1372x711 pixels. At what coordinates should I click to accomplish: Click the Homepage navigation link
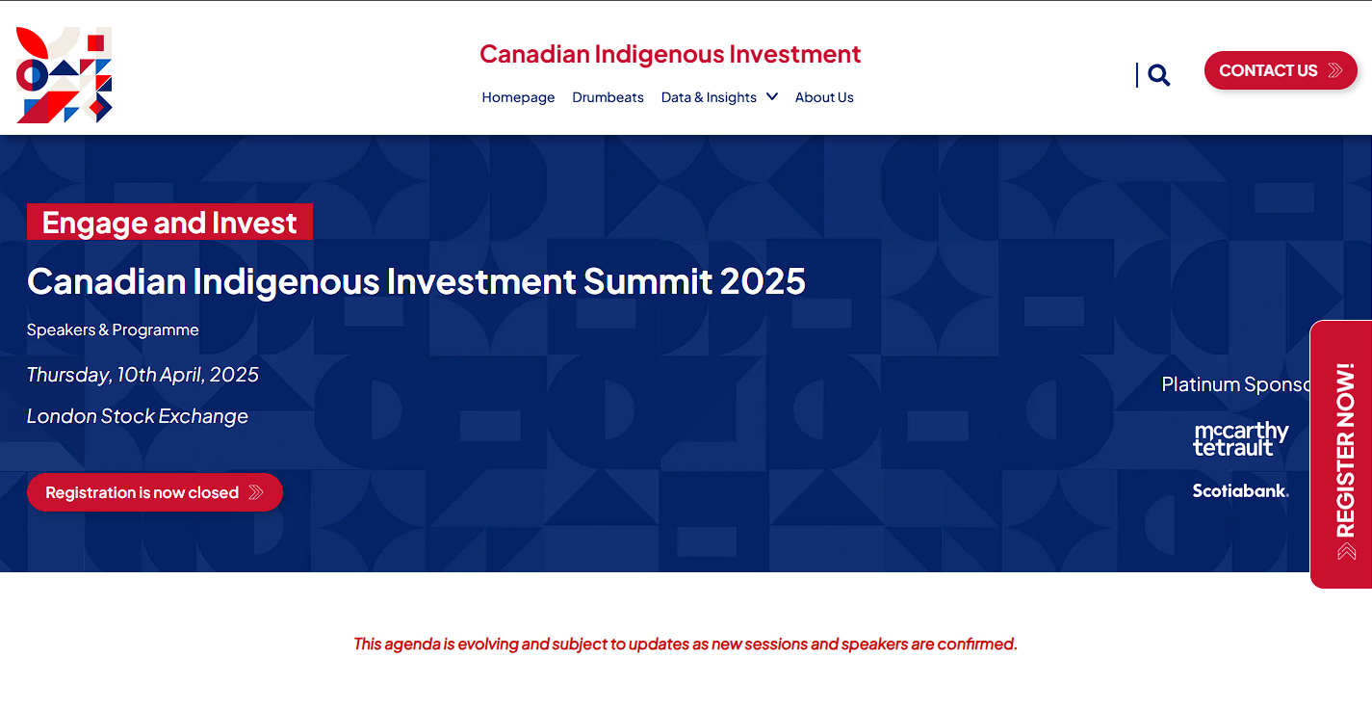click(x=518, y=97)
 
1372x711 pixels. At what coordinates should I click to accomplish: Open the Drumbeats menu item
click(x=608, y=97)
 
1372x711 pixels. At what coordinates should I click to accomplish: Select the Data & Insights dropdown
click(x=718, y=97)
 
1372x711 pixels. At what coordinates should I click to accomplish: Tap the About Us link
click(x=824, y=97)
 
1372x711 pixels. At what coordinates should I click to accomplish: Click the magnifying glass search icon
click(x=1159, y=75)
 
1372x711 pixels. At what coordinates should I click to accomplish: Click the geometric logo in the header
click(x=65, y=75)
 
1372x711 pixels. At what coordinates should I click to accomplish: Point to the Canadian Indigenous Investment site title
click(x=670, y=54)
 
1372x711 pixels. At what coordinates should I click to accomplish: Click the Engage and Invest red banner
click(x=169, y=223)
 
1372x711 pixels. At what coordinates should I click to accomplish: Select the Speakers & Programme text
click(x=113, y=329)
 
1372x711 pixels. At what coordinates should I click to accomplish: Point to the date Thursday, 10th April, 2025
click(x=142, y=375)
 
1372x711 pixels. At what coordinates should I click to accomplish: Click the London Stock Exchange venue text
click(x=138, y=416)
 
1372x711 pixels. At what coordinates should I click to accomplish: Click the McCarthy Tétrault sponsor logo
click(x=1240, y=438)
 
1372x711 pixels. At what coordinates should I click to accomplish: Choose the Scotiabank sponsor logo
click(x=1240, y=490)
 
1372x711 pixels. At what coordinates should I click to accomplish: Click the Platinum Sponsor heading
click(x=1235, y=384)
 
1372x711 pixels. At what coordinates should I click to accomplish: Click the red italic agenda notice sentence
click(x=686, y=644)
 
